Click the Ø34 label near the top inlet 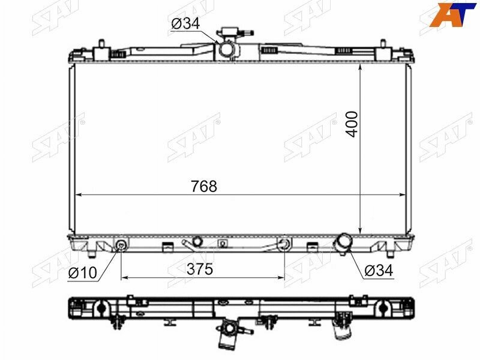coord(185,24)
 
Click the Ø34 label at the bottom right coord(378,271)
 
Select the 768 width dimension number coord(204,187)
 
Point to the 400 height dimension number coord(352,124)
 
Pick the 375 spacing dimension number coord(200,269)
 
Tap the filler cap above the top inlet coord(227,31)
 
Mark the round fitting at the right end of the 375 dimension coord(284,244)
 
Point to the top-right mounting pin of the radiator coord(382,44)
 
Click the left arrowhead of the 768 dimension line coord(77,195)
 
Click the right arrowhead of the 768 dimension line coord(403,195)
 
